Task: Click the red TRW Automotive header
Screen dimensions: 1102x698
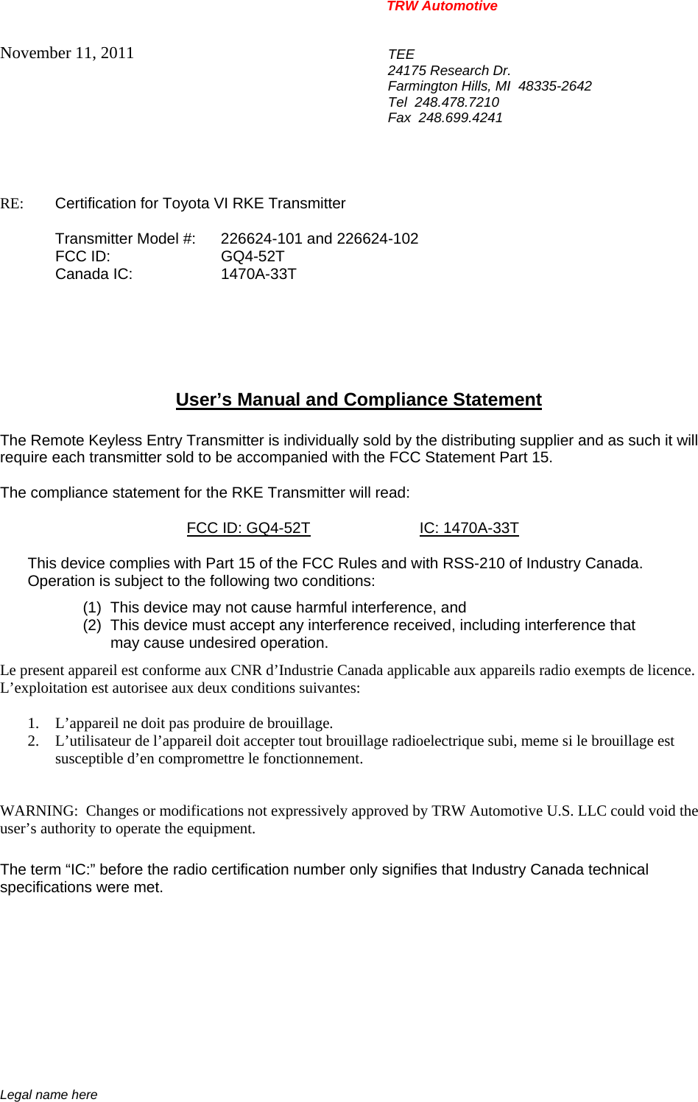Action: coord(442,7)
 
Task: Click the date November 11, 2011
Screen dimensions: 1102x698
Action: coord(67,53)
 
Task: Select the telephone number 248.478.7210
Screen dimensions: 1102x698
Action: coord(456,102)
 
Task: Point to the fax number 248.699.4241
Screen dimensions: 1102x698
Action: coord(460,118)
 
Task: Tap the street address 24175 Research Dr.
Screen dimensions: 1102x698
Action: coord(449,71)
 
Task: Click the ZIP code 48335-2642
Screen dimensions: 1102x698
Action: coord(554,86)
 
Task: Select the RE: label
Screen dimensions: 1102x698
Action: coord(12,204)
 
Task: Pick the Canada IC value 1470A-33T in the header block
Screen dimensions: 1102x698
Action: coord(258,274)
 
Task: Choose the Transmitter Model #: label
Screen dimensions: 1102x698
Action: coord(125,239)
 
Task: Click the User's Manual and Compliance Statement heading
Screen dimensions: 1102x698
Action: coord(359,400)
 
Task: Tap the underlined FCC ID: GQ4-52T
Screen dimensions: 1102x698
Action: coord(248,528)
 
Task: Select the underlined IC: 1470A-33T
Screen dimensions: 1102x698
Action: coord(469,528)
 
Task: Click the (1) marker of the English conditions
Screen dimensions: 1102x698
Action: coord(92,607)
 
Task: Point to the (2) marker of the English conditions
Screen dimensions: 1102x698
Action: coord(92,625)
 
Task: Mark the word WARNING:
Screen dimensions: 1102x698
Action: coord(38,810)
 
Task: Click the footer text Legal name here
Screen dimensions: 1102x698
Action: coord(49,1095)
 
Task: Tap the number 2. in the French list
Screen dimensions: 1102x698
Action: coord(33,741)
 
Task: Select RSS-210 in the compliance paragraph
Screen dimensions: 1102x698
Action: coord(473,563)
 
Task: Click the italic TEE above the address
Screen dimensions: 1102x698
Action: coord(401,54)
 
